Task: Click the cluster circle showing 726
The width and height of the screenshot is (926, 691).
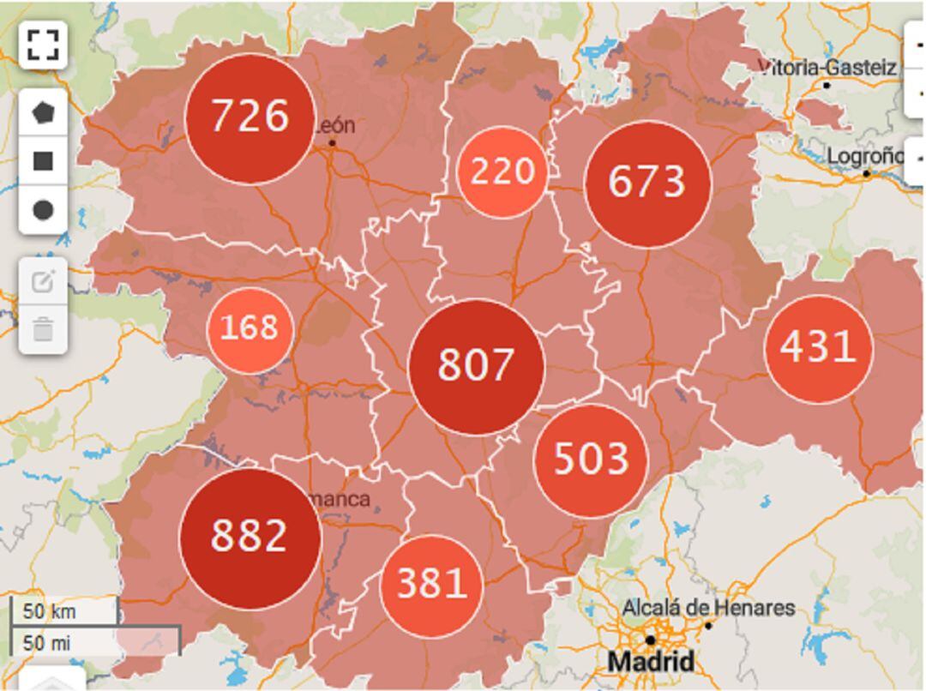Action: [x=250, y=118]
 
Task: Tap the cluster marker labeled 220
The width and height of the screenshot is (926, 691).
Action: [x=502, y=172]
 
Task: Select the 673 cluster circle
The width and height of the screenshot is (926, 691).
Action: [x=647, y=183]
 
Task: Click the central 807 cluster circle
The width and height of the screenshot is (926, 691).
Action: [x=476, y=366]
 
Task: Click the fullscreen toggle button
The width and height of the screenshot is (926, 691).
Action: [x=43, y=45]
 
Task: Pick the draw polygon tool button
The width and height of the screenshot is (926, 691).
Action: [x=43, y=112]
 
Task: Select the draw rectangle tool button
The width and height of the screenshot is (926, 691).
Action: [x=43, y=161]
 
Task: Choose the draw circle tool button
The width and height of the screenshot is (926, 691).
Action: [x=43, y=210]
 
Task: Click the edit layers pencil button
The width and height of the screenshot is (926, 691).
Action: [x=43, y=281]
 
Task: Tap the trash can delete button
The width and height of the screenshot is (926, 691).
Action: [x=43, y=329]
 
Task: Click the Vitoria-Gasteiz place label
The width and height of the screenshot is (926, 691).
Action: [x=828, y=68]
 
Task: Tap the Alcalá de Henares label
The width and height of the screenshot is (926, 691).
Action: [x=708, y=609]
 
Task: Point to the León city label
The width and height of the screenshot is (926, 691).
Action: [x=335, y=126]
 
